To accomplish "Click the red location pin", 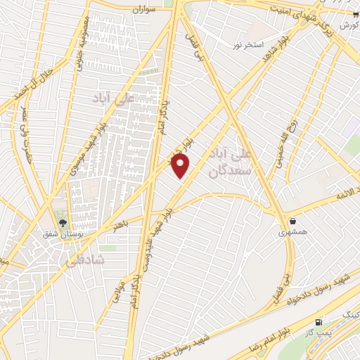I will pyautogui.click(x=181, y=166).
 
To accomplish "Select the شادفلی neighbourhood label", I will pyautogui.click(x=86, y=260).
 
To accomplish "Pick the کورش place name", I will pyautogui.click(x=347, y=25).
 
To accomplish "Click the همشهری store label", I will pyautogui.click(x=292, y=231).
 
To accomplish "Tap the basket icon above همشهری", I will pyautogui.click(x=292, y=221).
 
